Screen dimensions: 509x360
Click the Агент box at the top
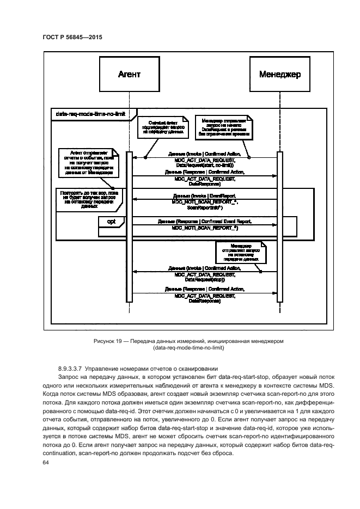click(x=129, y=75)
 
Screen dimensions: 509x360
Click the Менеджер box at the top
click(x=280, y=75)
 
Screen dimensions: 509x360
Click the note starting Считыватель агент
click(x=160, y=126)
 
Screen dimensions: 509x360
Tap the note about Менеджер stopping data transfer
click(x=237, y=253)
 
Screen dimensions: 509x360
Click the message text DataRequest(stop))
click(x=204, y=279)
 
